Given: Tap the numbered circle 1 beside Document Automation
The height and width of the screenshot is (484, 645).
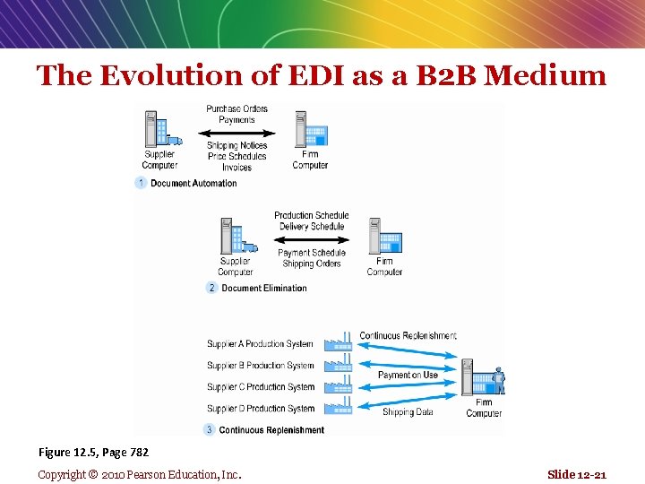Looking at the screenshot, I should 141,183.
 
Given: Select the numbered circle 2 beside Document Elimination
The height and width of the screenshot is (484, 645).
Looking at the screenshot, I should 211,288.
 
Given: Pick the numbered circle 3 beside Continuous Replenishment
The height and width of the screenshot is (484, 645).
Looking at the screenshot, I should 210,429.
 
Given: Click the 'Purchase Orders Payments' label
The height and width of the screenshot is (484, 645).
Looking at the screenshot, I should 236,114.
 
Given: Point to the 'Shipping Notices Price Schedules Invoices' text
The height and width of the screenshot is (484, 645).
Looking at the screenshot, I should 236,156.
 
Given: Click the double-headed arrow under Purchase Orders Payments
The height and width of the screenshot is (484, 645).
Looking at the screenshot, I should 236,133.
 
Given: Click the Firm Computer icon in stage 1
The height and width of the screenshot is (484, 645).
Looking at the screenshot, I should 311,130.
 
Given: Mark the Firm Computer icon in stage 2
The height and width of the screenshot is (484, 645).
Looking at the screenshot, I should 384,237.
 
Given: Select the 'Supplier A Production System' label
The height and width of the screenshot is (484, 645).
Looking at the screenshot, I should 261,344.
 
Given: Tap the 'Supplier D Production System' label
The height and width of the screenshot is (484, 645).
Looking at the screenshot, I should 261,409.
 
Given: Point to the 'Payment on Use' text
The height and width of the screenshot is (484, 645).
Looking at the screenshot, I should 408,375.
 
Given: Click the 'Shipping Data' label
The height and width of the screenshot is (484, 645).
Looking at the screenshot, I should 408,412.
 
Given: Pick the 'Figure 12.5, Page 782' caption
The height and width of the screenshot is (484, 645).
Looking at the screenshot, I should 93,453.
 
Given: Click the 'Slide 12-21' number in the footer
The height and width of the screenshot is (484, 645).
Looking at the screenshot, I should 576,474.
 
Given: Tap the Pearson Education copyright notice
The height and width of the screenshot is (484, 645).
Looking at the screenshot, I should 140,474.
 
